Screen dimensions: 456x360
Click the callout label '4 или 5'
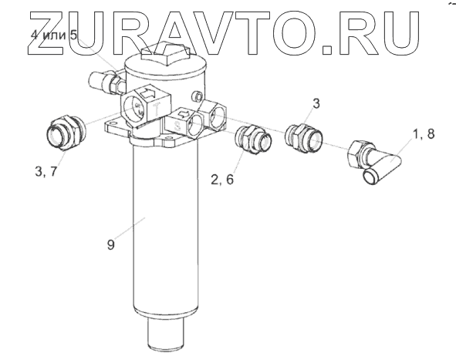54,35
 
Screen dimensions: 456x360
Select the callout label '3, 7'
46,172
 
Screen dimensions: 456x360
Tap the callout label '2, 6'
222,180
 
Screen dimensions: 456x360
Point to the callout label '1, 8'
423,133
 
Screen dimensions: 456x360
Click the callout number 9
111,244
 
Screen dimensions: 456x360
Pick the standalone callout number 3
316,103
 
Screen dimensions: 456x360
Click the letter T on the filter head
157,109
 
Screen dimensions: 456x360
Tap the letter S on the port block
177,126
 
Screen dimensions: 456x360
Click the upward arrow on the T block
147,93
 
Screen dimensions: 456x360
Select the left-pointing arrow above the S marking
183,113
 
